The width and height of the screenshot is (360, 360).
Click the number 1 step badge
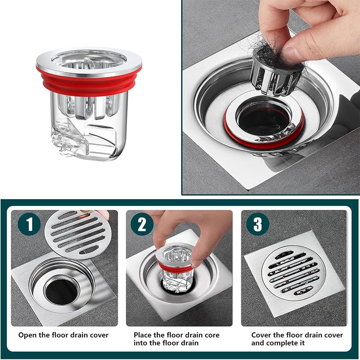[29, 224]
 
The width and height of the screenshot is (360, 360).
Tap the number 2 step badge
[142, 224]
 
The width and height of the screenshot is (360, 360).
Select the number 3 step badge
[258, 224]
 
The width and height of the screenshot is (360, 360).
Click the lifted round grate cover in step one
[78, 235]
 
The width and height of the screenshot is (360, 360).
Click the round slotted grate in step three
[293, 273]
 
